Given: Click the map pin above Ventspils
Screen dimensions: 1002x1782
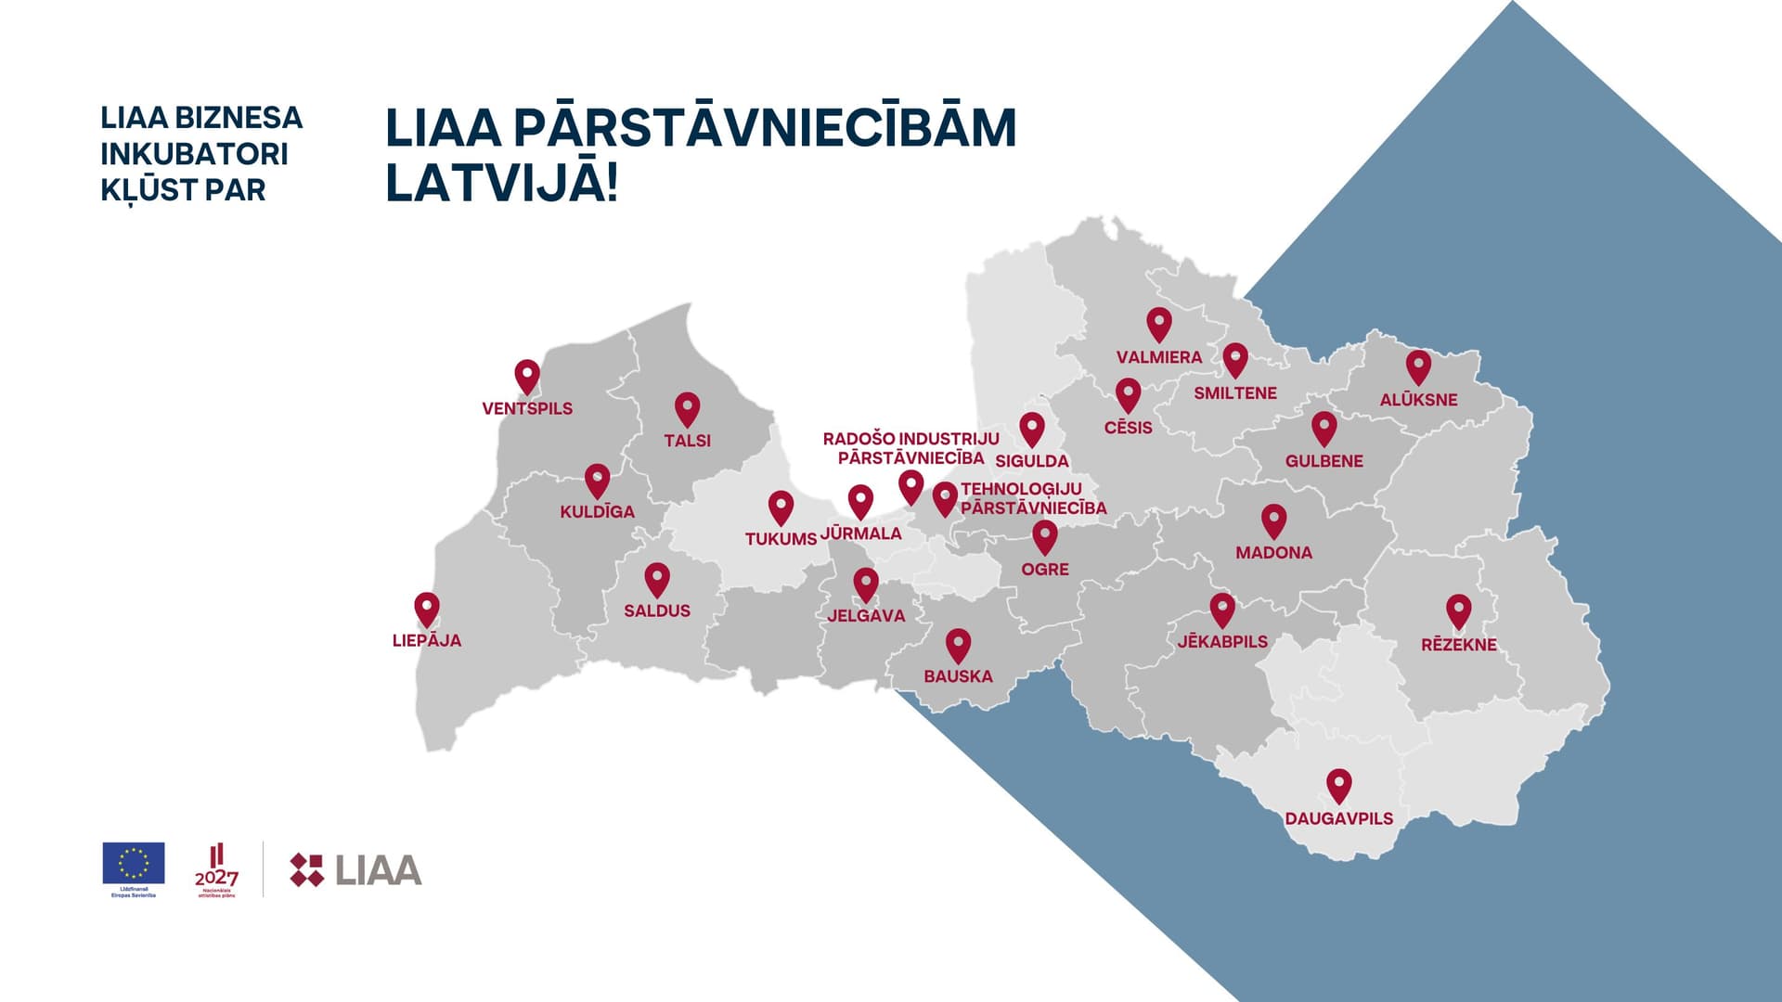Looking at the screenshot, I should click(527, 376).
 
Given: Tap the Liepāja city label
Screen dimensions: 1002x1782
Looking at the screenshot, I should click(427, 640).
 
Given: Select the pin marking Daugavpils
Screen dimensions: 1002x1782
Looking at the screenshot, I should click(1338, 785).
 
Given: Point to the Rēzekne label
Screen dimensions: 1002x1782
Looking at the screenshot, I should click(1458, 645).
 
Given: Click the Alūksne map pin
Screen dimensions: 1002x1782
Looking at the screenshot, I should click(1418, 366).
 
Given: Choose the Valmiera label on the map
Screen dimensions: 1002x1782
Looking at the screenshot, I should click(1158, 357).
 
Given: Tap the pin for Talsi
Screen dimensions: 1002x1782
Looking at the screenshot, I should click(687, 408).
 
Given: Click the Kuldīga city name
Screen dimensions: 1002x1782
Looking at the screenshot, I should click(597, 511).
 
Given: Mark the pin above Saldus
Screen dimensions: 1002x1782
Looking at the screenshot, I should click(657, 579).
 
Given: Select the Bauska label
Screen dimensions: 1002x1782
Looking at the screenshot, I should click(958, 676).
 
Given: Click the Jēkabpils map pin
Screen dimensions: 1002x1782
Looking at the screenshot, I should click(1222, 610).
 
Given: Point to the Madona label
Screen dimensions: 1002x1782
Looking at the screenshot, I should click(1273, 553).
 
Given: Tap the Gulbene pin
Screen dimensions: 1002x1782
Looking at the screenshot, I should click(1324, 428).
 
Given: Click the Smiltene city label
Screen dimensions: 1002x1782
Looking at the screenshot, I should click(1234, 393).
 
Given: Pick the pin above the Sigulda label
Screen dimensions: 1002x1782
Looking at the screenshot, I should click(1032, 429).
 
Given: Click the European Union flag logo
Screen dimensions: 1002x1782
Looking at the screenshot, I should click(134, 863).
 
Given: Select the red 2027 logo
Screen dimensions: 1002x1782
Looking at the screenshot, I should click(216, 869).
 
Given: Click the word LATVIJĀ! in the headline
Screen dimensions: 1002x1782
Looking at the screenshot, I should click(501, 182).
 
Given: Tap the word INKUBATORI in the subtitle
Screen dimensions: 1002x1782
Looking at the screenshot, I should click(194, 154).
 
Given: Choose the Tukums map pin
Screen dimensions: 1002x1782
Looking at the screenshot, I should click(781, 507).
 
